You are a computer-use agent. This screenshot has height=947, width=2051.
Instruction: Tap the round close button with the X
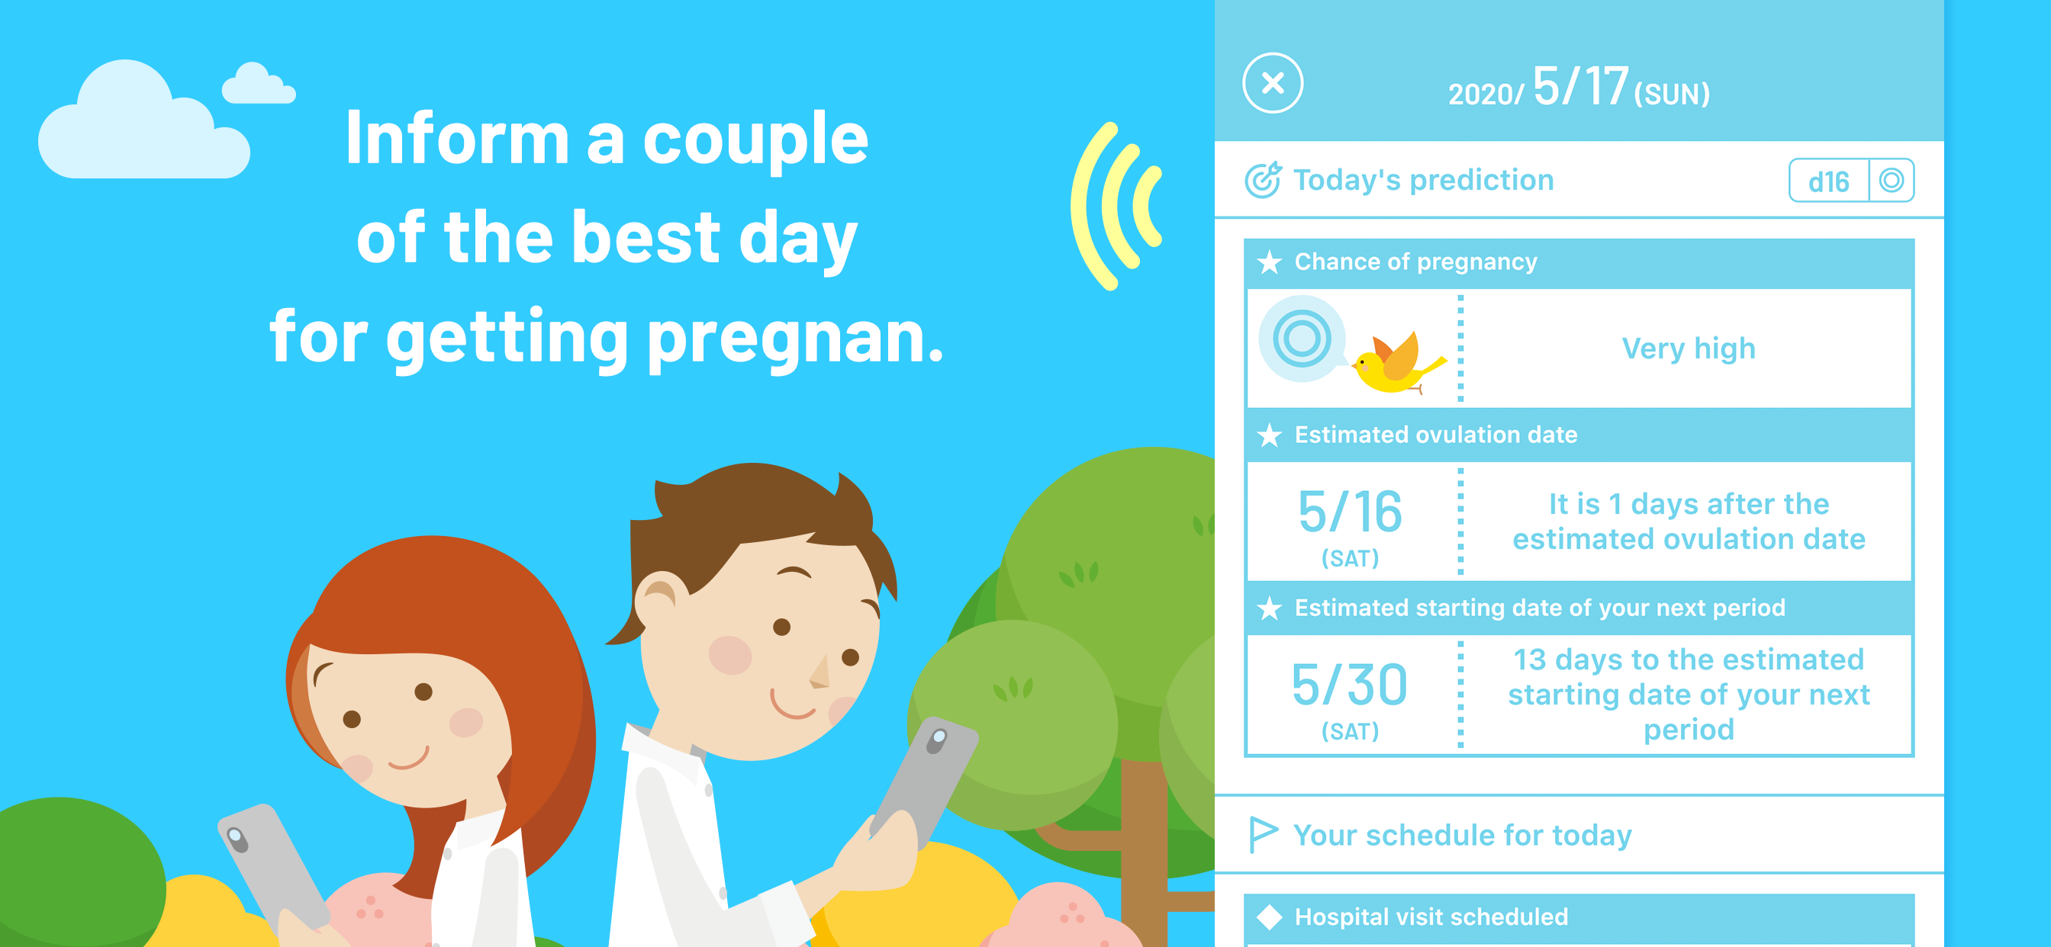tap(1272, 83)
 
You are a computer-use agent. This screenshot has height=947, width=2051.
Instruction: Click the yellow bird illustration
tap(1398, 362)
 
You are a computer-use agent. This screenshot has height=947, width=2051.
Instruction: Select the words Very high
tap(1688, 348)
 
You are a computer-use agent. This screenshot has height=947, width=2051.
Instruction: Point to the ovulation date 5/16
tap(1350, 512)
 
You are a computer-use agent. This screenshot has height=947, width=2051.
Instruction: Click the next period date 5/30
tap(1350, 685)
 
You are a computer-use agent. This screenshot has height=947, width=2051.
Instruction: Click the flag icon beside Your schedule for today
tap(1263, 835)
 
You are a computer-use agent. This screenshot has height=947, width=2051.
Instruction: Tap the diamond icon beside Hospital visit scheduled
tap(1269, 917)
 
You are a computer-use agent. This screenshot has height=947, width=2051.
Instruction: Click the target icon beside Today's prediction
tap(1263, 180)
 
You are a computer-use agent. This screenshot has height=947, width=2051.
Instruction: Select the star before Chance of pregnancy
tap(1269, 262)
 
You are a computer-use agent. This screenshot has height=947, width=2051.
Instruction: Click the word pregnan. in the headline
tap(795, 338)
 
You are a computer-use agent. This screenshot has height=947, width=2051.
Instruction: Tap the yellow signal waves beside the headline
tap(1115, 206)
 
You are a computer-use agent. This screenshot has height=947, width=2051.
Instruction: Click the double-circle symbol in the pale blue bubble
tap(1302, 339)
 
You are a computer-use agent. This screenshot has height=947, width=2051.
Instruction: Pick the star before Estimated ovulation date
tap(1269, 435)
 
